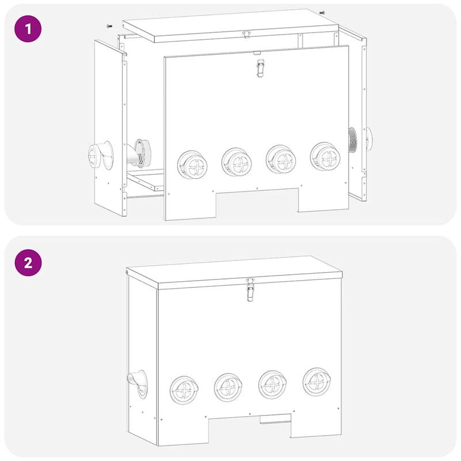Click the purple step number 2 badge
point(28,263)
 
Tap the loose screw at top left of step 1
point(108,25)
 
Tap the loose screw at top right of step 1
point(322,12)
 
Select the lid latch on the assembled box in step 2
point(250,289)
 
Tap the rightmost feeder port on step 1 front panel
point(324,157)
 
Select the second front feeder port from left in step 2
point(228,387)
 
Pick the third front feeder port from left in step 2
point(273,384)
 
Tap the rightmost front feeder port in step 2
point(318,381)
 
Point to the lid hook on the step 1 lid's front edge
point(247,35)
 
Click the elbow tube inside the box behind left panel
point(138,153)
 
